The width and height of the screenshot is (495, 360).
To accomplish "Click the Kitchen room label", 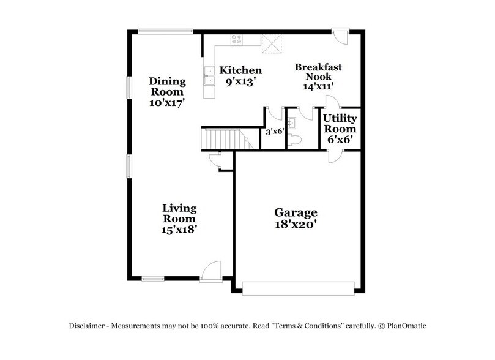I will pos(241,70).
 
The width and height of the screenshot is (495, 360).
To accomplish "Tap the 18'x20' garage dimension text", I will pos(296,225).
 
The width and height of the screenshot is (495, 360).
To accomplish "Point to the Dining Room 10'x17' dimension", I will pos(168,103).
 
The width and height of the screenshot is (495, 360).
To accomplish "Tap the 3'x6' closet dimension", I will pos(273,130).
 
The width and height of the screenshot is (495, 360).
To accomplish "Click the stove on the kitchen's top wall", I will pos(237,40).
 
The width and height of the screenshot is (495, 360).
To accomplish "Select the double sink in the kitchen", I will pos(209,74).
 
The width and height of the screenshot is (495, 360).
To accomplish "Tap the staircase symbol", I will pos(223,140).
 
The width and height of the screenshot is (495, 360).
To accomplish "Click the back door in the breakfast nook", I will pos(340,36).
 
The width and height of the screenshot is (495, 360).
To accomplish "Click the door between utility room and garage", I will pos(333,154).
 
